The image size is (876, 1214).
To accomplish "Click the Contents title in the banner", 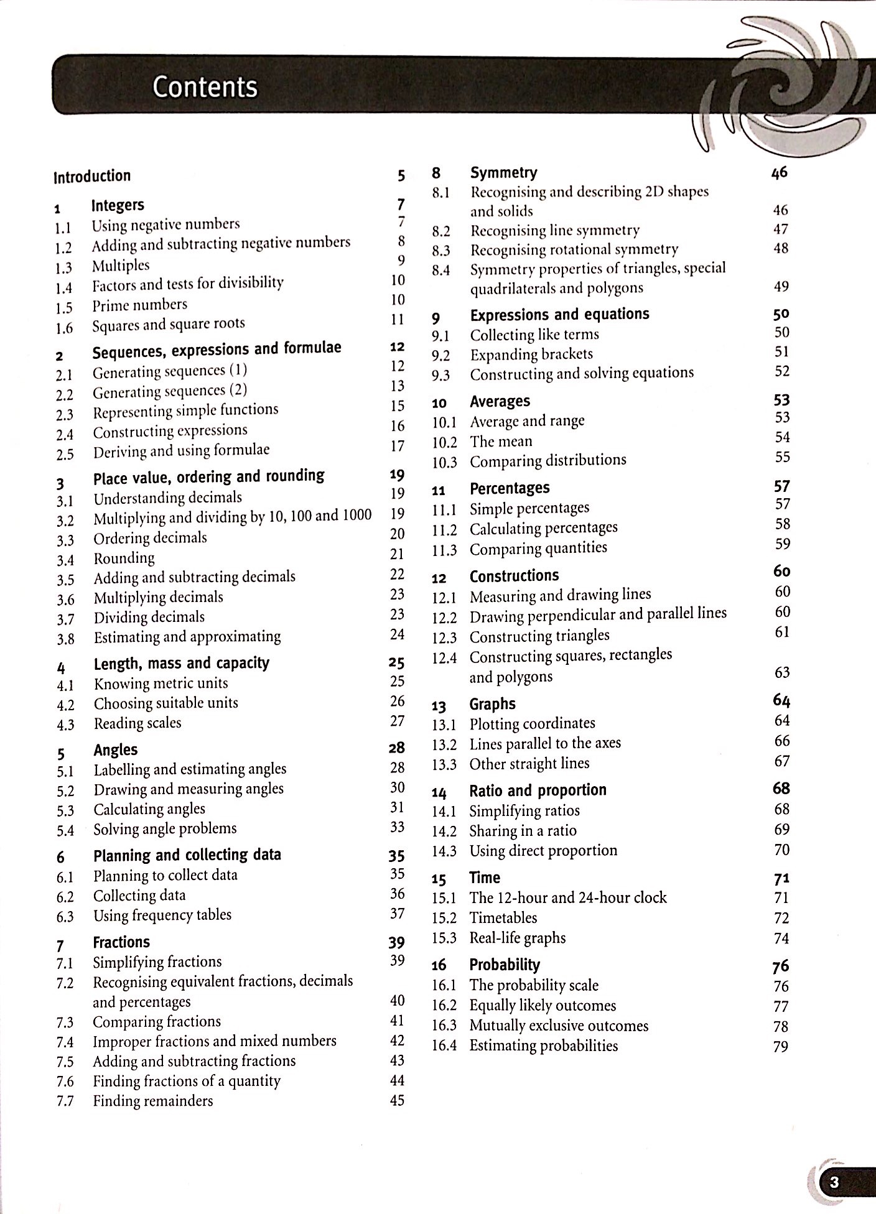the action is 205,86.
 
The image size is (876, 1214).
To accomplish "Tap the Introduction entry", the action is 92,176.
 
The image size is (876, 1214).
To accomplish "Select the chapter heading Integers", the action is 118,205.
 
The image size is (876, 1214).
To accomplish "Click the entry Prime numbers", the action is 139,305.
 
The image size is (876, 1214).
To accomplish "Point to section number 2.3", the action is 65,415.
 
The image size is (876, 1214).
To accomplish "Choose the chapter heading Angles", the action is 116,750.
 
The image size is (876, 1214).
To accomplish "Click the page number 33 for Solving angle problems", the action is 397,827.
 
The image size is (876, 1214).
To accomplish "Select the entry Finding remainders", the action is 153,1101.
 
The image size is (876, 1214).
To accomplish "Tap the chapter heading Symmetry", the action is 503,172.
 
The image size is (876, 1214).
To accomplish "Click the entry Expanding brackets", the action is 531,354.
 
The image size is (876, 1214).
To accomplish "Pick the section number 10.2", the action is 444,443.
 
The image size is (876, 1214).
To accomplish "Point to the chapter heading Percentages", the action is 510,488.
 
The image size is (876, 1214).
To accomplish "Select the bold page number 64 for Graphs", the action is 781,701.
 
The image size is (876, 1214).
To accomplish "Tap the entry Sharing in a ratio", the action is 523,831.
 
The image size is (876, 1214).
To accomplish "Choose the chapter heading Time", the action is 485,878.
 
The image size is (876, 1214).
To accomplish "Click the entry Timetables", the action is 503,918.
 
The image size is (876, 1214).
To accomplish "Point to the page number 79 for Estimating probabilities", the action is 781,1047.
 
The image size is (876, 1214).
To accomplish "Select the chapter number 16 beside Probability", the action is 439,965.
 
